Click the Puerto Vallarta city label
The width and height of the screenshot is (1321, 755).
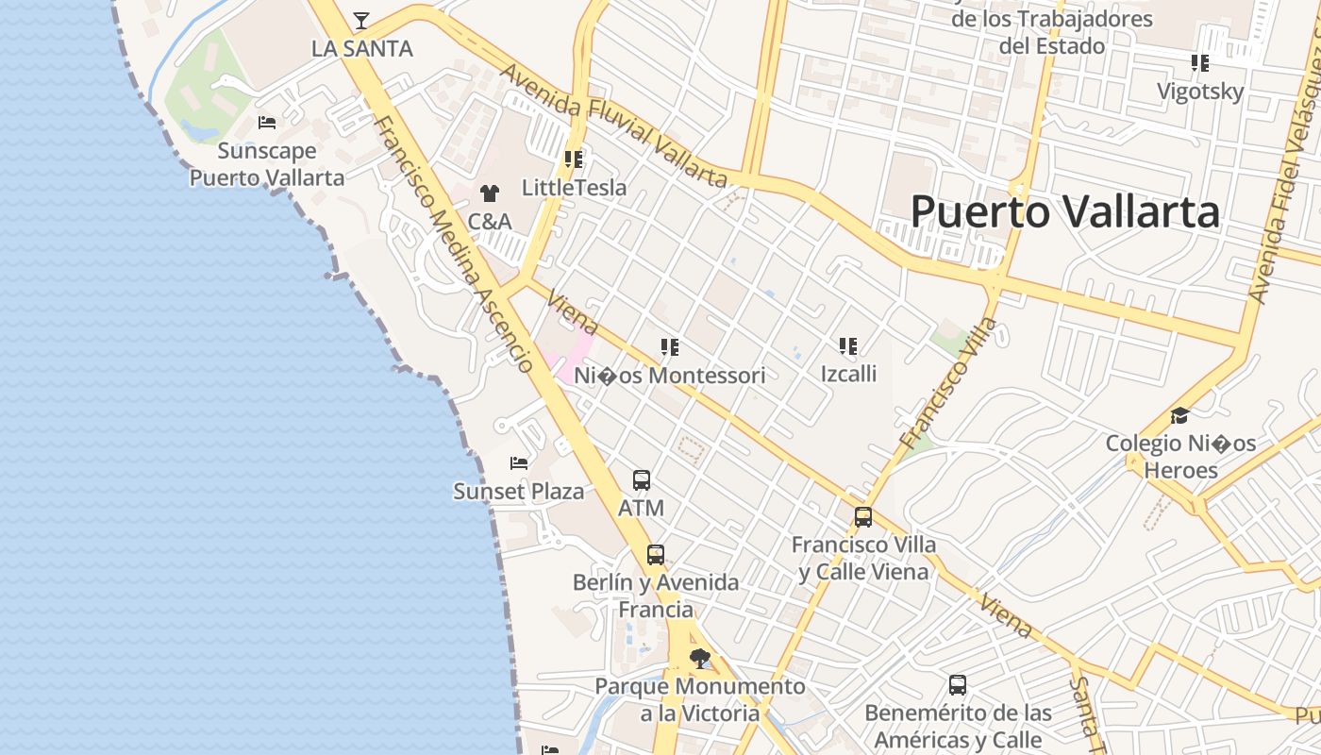[1064, 211]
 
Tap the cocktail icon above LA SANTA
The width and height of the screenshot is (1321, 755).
[361, 20]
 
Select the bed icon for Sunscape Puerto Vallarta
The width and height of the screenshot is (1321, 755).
[267, 123]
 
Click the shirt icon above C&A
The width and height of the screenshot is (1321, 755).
[489, 193]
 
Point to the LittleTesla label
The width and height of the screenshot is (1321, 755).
[574, 188]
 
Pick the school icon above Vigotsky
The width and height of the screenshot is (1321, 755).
[1200, 63]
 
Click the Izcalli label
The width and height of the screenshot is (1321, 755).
[848, 374]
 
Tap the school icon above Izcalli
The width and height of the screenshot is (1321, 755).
[848, 346]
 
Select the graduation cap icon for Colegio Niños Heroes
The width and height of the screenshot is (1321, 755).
[1179, 415]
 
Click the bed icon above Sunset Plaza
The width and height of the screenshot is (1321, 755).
[518, 462]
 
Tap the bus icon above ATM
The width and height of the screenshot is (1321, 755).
[642, 480]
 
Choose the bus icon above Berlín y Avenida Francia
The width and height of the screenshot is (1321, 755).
[656, 555]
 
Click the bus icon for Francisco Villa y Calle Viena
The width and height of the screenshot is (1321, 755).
[863, 517]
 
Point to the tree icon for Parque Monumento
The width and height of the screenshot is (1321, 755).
[700, 658]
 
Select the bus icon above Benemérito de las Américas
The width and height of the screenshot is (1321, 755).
[958, 685]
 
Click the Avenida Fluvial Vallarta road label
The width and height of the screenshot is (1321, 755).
[612, 126]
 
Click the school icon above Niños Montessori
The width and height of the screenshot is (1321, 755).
[670, 347]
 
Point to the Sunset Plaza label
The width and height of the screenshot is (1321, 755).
[518, 492]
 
